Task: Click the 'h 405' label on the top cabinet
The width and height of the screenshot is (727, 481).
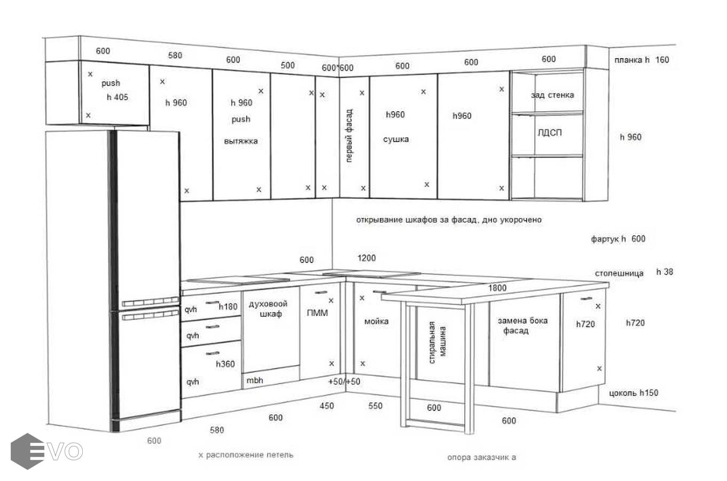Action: tap(118, 97)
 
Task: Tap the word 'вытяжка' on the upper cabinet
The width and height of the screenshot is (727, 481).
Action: tap(241, 141)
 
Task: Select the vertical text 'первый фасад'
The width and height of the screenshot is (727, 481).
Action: tap(349, 136)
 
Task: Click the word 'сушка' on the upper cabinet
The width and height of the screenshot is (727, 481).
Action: tap(396, 139)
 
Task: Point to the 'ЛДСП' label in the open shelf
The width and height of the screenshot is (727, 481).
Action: tap(549, 133)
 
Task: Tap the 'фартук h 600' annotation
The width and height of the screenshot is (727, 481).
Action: tap(618, 239)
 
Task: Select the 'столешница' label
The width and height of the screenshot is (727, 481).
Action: tap(619, 273)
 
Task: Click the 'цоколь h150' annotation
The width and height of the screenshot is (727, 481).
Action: tap(634, 393)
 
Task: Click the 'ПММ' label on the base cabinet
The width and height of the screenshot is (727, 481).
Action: tap(317, 312)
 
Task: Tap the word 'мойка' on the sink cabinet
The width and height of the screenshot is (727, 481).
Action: tap(376, 321)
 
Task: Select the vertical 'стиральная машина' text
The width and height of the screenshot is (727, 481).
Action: tap(437, 342)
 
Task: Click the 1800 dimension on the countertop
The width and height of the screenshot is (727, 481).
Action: tap(497, 288)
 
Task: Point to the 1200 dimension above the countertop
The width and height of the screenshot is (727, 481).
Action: tap(366, 258)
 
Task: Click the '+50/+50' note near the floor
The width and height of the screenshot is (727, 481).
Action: tap(344, 382)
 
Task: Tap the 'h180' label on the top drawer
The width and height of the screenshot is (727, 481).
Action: tap(228, 307)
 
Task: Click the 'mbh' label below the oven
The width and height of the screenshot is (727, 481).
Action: tap(255, 381)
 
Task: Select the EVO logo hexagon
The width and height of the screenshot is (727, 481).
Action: tap(27, 451)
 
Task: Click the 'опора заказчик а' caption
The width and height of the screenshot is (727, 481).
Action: tap(481, 457)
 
